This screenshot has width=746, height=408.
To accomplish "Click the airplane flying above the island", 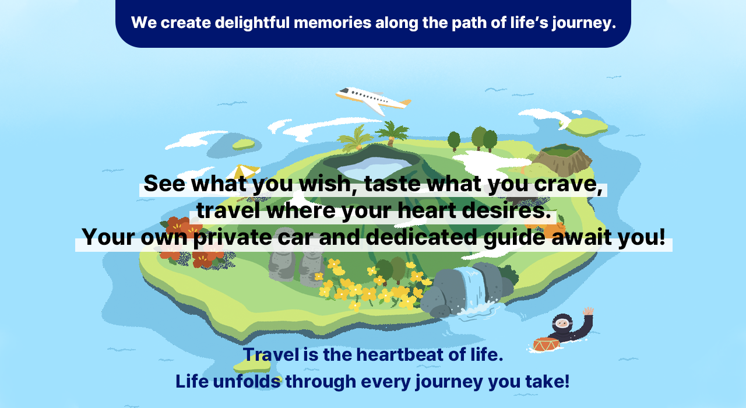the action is tap(374, 100).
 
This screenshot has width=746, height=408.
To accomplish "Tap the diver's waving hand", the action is tap(588, 311).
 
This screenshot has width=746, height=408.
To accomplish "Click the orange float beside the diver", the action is tap(546, 344).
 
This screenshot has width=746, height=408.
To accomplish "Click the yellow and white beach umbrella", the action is tap(246, 171).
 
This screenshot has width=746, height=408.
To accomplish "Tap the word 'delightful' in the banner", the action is tap(252, 23).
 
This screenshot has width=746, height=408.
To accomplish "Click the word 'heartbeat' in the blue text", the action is tap(400, 354).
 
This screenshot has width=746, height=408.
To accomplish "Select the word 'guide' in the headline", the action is tap(514, 237).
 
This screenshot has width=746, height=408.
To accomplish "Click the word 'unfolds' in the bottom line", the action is tap(247, 381).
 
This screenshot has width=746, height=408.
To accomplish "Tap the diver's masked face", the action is tap(562, 323).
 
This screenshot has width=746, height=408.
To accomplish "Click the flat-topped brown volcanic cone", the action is tap(561, 159).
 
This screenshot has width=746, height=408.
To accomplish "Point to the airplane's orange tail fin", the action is tap(406, 102).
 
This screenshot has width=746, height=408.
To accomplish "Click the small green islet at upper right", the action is tap(586, 126).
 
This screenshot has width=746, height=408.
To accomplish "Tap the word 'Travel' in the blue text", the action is tap(271, 354).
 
